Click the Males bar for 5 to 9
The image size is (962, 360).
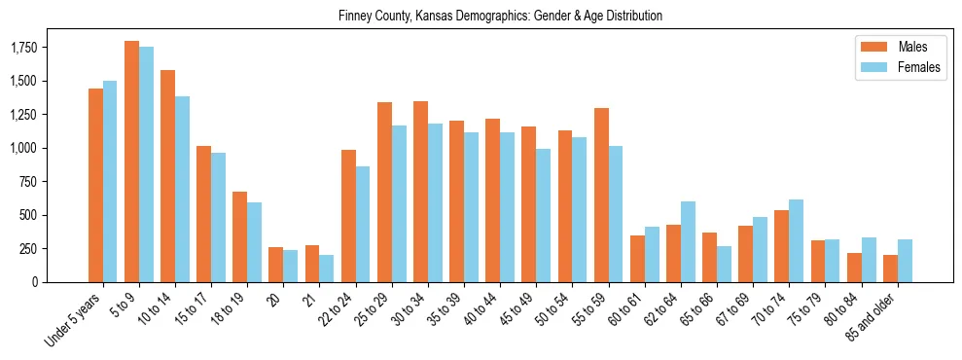click(x=131, y=162)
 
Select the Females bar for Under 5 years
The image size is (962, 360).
click(x=110, y=182)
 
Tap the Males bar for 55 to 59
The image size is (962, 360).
click(x=601, y=195)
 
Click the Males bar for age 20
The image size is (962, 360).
click(x=276, y=265)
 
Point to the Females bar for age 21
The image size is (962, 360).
click(x=327, y=269)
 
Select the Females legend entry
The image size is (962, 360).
click(x=892, y=67)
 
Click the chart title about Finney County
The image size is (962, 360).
click(x=500, y=17)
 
